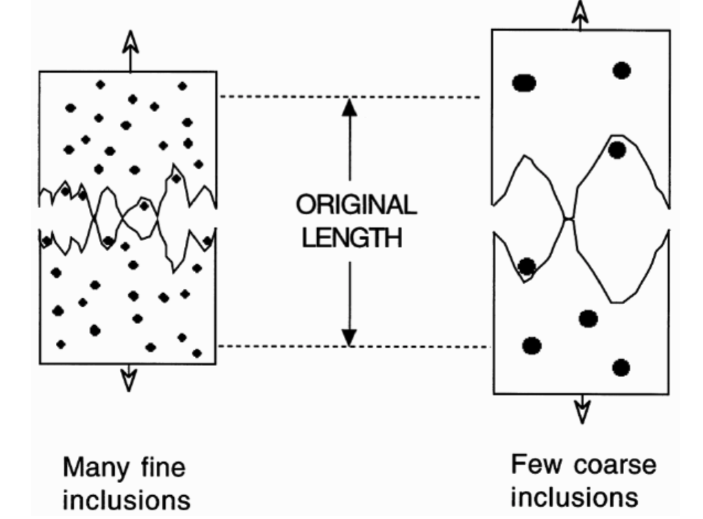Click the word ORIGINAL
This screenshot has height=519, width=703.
pos(356,206)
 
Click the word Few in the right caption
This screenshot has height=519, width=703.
pos(533,465)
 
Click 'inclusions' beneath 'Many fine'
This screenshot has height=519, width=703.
pos(126,500)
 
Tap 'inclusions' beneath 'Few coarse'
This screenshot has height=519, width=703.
pos(574,496)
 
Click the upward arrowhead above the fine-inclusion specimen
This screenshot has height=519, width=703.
pos(130,41)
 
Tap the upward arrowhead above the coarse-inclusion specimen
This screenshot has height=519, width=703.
pos(580,11)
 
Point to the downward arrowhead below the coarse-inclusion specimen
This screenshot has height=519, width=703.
pos(582,412)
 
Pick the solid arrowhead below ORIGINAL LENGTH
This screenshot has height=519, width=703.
pos(349,336)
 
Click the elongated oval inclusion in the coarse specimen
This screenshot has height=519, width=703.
pos(524,83)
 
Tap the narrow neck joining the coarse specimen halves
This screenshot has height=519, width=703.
pos(568,219)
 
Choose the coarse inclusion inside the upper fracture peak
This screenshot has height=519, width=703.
pos(617,150)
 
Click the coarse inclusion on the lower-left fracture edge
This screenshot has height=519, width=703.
pos(527,266)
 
